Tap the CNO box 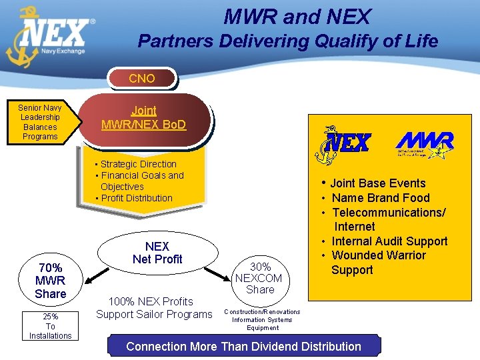[142, 79]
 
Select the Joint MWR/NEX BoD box [144, 118]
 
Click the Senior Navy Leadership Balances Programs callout [39, 122]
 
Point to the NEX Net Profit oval [157, 253]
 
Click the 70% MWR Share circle [51, 281]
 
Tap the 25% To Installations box [51, 326]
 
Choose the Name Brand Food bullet [381, 198]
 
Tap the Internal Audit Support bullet [389, 241]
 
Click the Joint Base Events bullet [377, 183]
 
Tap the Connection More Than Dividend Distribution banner [243, 347]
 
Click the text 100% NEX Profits [150, 302]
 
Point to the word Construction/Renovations [262, 312]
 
